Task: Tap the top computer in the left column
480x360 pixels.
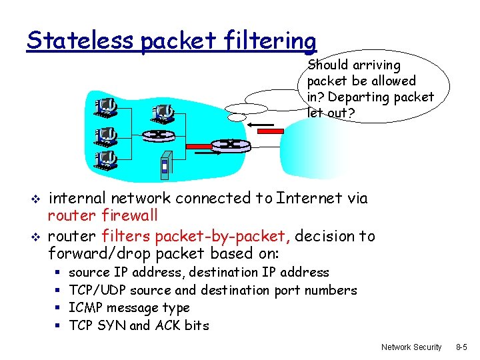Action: [106, 107]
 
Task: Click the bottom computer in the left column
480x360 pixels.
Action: [106, 159]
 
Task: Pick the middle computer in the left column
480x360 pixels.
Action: [106, 135]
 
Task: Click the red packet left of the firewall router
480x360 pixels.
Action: [198, 145]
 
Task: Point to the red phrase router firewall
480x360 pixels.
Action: [103, 215]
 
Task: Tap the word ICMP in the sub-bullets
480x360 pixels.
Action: [85, 308]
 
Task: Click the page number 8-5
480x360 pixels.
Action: [461, 347]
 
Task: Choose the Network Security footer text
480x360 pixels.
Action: [411, 347]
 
